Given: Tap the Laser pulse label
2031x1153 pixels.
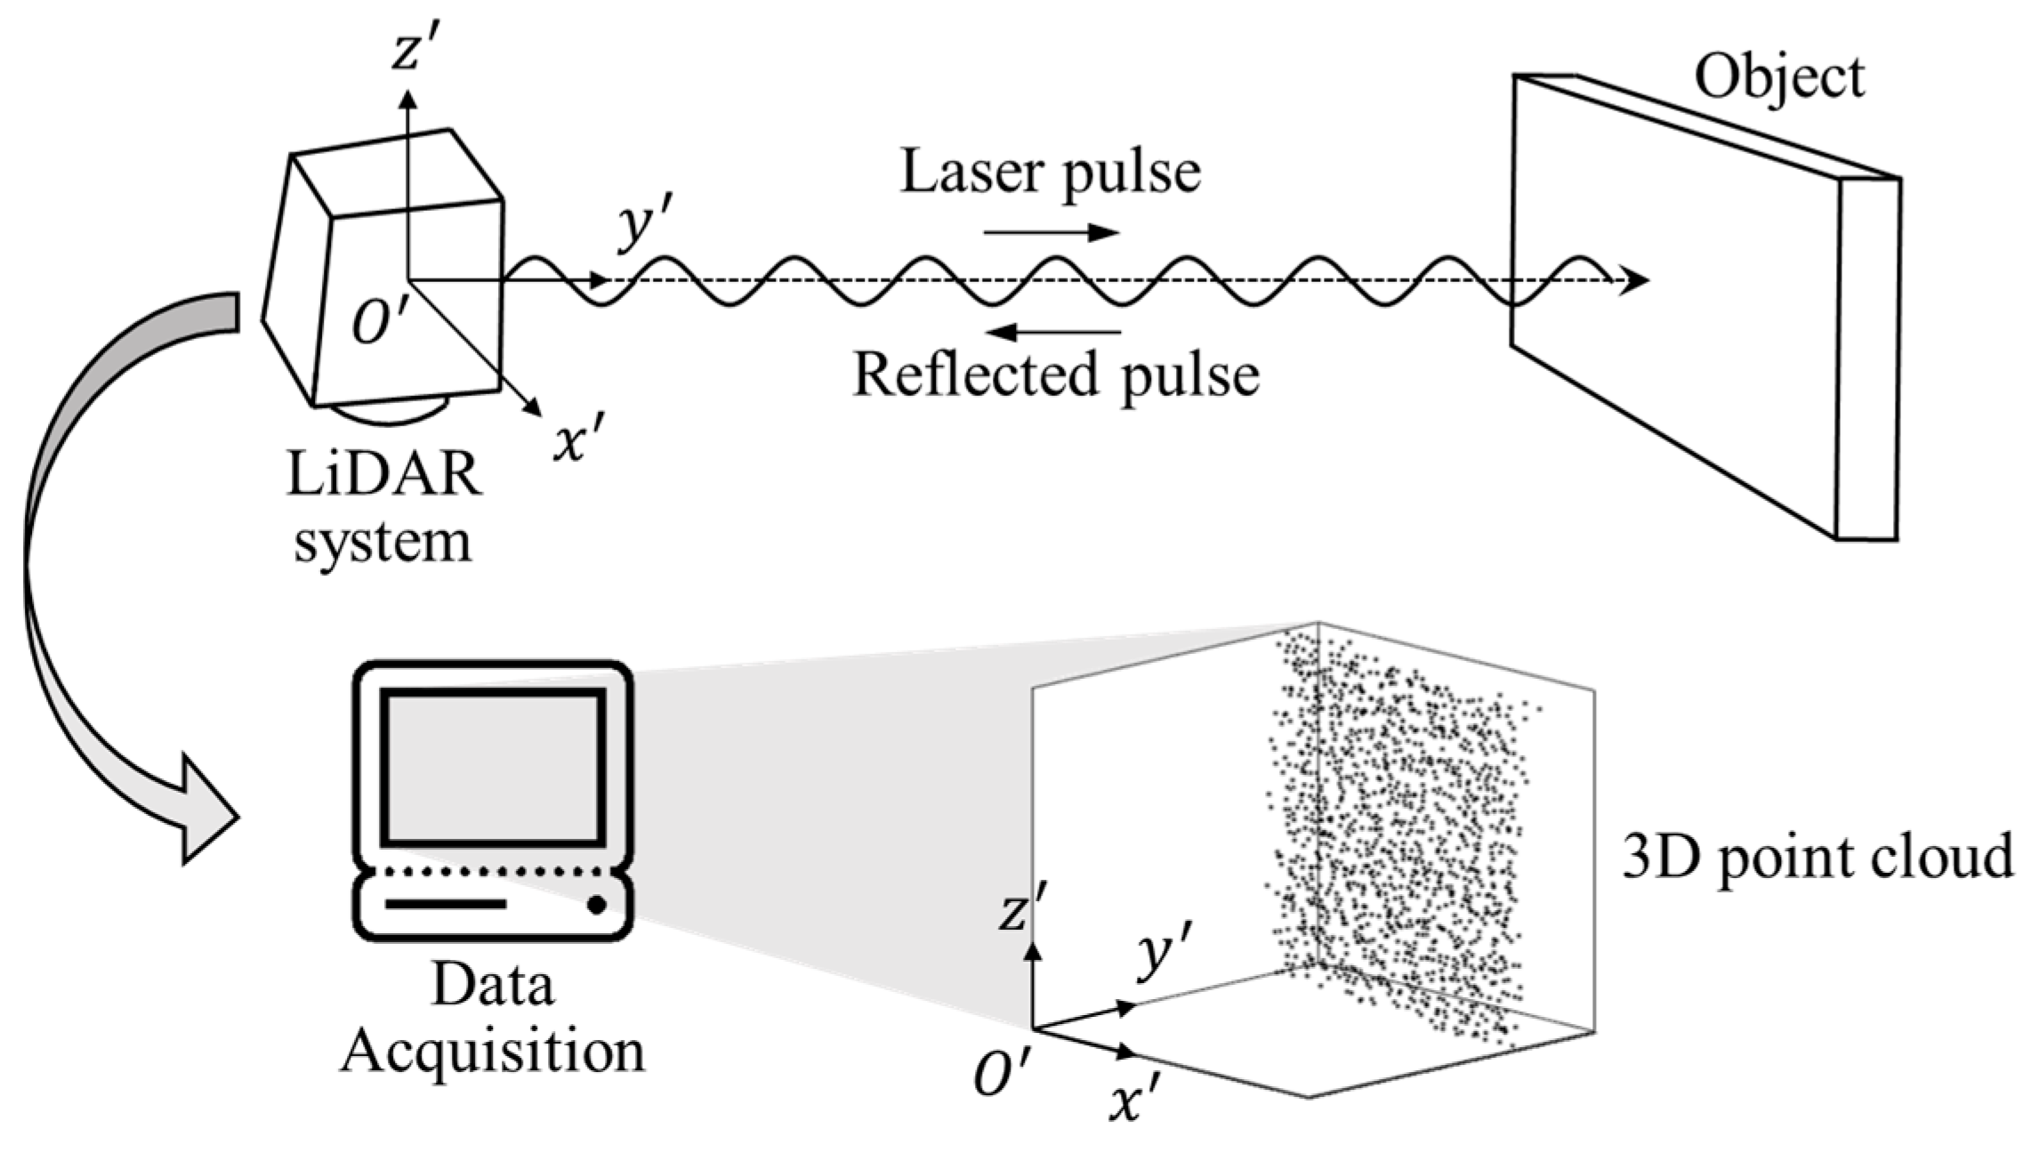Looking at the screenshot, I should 1051,172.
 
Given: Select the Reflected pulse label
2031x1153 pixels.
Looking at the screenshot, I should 1056,375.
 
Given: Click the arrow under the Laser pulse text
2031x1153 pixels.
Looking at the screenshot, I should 1051,233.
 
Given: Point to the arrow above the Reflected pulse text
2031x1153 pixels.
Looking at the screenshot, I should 1054,333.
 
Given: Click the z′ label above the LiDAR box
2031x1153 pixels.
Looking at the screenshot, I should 412,52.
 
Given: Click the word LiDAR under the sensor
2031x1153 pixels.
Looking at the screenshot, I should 384,474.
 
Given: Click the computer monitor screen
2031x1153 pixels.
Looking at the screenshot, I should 493,767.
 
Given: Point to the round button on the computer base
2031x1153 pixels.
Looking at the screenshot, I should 597,906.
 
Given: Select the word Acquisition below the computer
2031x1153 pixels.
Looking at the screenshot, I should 493,1052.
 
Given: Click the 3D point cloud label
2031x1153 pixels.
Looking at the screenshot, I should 1817,857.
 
